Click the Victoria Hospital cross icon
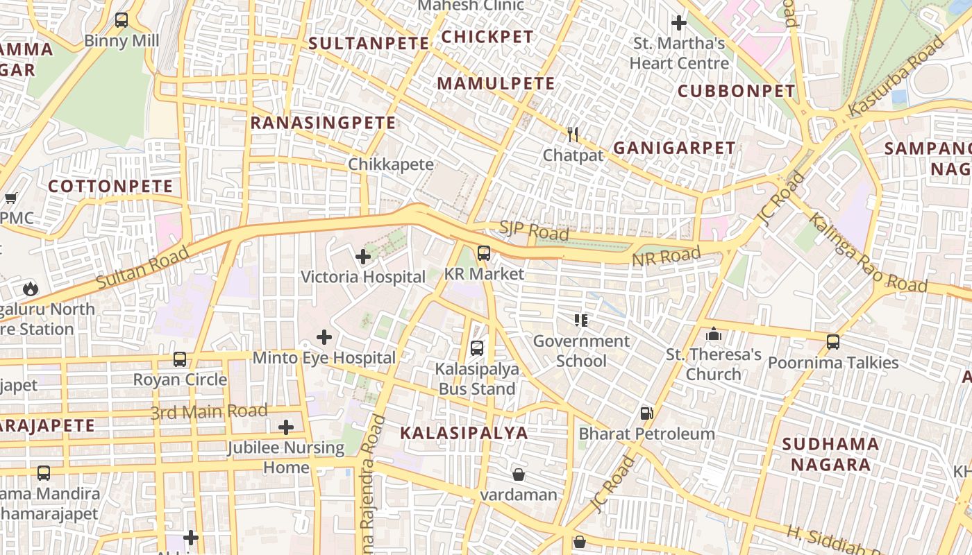click(362, 257)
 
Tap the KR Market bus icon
click(484, 253)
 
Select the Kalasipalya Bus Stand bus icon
click(477, 348)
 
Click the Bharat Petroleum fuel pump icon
click(646, 413)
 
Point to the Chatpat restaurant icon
click(573, 134)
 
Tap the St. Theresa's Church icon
click(713, 335)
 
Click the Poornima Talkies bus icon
click(833, 342)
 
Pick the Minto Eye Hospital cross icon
click(324, 338)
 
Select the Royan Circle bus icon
click(180, 359)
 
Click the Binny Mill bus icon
click(121, 20)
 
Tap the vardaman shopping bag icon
click(519, 475)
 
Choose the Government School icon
click(581, 321)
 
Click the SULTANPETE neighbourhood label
click(369, 43)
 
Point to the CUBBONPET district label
click(736, 91)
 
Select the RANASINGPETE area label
click(323, 123)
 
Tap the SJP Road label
click(534, 232)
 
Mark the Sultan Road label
click(142, 268)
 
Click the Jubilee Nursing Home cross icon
click(285, 427)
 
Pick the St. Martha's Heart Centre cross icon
click(679, 23)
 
